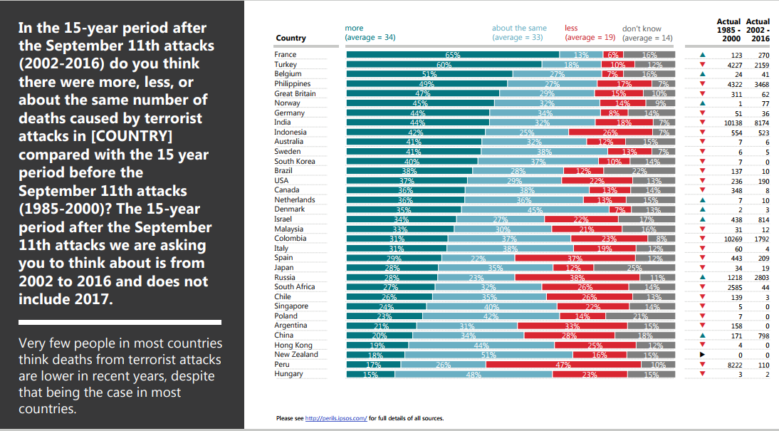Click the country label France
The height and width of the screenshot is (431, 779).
point(286,55)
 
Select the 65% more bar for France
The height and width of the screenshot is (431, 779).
point(452,55)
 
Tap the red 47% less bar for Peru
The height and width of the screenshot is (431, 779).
point(563,364)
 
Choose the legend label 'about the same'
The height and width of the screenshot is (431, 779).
point(519,28)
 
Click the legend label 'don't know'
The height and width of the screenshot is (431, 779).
point(642,28)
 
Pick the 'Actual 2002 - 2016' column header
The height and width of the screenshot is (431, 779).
point(758,30)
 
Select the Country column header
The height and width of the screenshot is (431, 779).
point(291,38)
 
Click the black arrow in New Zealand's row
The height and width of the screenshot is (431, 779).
point(703,354)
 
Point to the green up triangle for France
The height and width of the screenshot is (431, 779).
point(703,55)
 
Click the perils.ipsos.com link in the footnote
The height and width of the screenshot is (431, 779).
point(336,418)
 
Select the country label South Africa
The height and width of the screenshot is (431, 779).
point(295,287)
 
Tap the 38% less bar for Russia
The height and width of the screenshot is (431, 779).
point(577,277)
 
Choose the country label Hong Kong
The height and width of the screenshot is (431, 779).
point(293,345)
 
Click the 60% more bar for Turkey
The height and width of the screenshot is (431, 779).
point(444,64)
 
